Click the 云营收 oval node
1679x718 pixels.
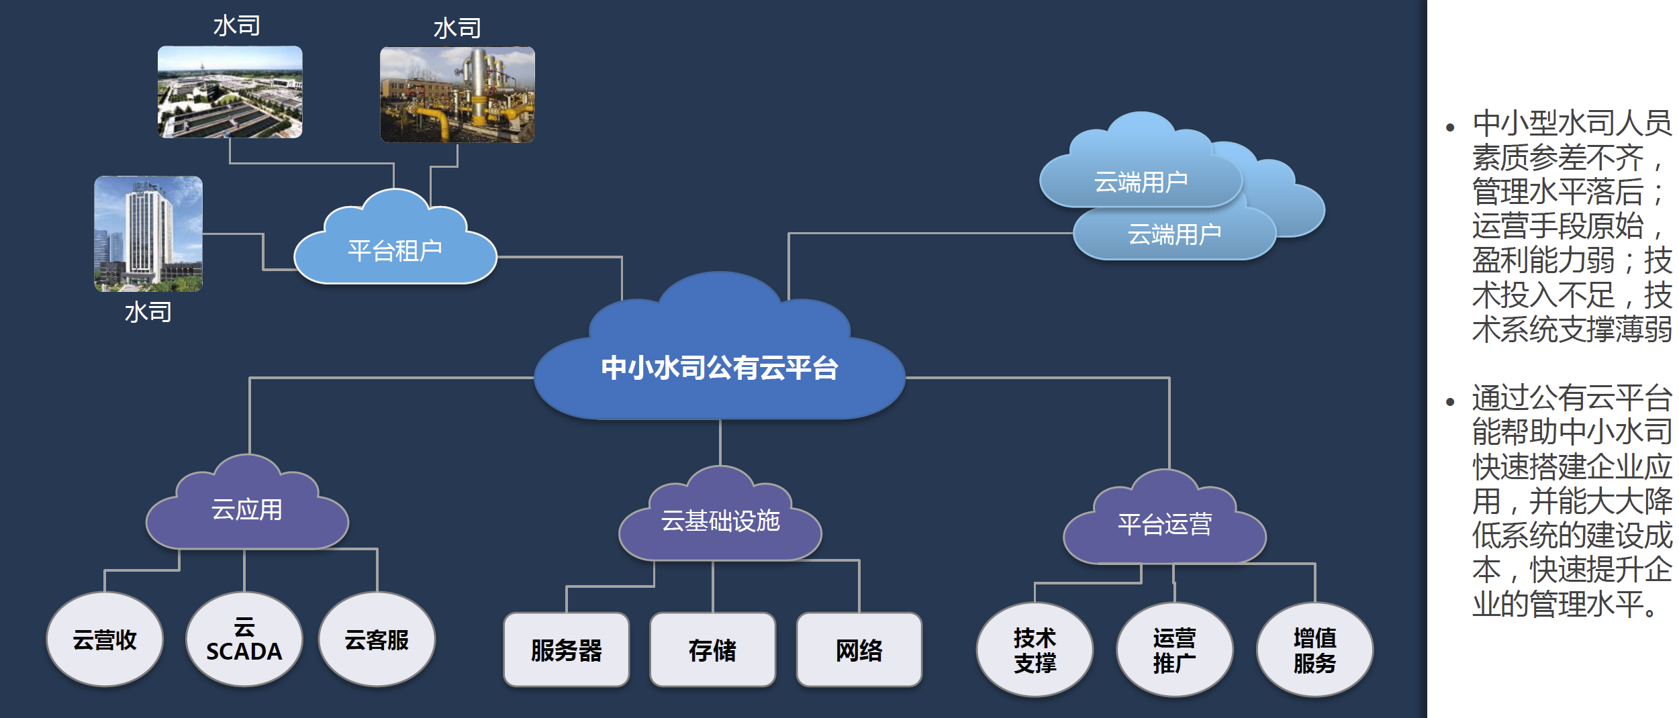105,639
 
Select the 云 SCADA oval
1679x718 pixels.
244,639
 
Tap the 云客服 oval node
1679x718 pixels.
377,639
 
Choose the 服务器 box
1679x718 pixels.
567,650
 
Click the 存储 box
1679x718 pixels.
713,650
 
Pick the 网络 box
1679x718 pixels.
859,650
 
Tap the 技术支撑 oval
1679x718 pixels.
1035,650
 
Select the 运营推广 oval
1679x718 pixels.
1174,650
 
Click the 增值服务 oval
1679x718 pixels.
1314,650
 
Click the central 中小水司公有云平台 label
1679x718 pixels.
720,368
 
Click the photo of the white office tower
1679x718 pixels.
148,234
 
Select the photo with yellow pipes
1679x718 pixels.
457,94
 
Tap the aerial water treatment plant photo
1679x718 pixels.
230,92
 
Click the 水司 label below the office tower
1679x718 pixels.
148,312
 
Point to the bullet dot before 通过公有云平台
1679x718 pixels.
1450,402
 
